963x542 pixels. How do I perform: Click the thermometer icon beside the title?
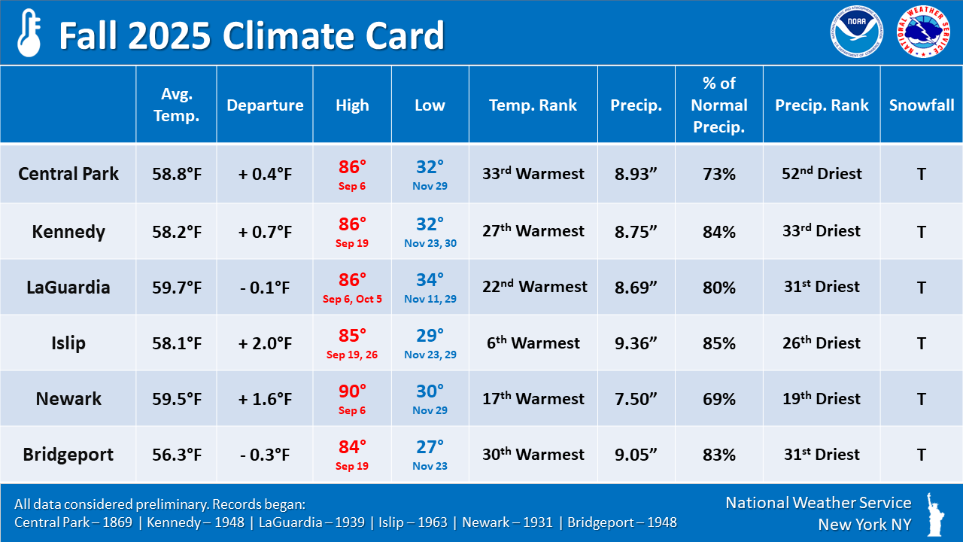(29, 33)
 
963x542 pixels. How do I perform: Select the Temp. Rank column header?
(533, 105)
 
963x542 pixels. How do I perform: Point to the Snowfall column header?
(922, 105)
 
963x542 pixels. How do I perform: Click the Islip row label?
(68, 343)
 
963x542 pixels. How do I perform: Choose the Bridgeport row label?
(68, 455)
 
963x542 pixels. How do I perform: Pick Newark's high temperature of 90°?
(352, 391)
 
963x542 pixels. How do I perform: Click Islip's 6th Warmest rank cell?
(533, 343)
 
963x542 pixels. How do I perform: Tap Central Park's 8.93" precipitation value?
(636, 174)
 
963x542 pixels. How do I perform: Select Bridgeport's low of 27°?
(430, 447)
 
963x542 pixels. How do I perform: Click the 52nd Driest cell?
(822, 174)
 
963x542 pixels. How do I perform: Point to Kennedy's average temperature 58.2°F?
(176, 232)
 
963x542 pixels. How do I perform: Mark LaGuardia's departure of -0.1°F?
(265, 288)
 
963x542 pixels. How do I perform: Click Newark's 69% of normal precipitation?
(718, 399)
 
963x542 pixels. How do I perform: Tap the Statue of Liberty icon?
(937, 514)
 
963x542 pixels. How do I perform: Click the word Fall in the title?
(87, 35)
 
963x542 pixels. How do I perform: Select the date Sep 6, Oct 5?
(352, 299)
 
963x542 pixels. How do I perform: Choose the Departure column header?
(265, 105)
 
